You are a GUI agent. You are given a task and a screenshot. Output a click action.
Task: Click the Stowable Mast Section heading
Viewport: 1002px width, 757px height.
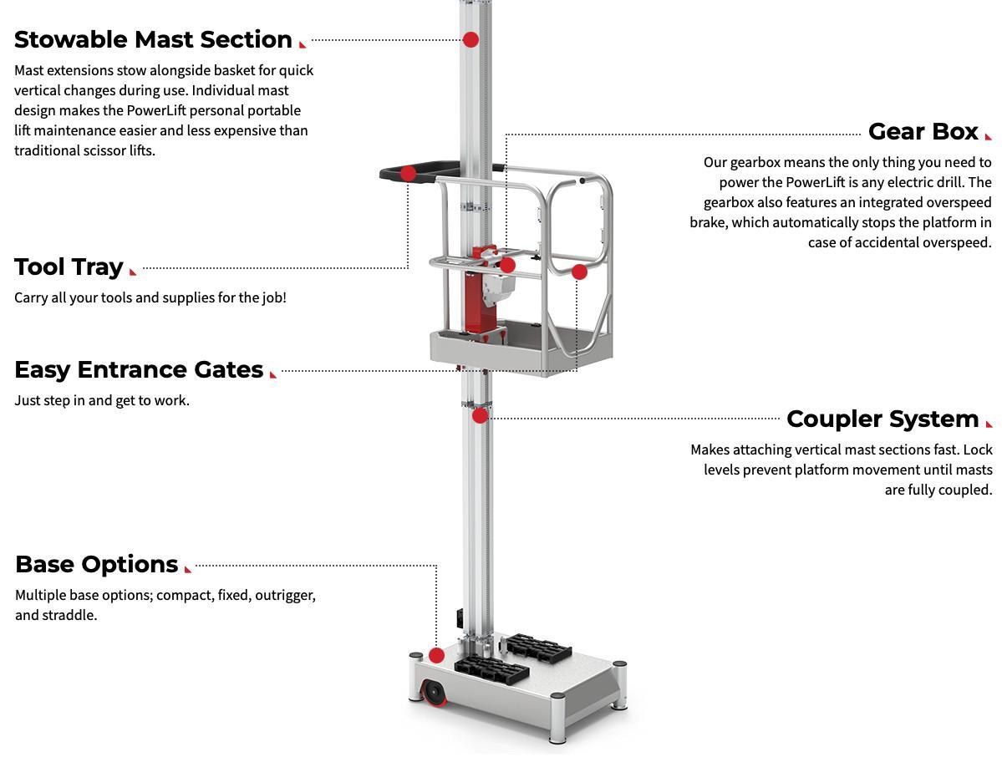pos(153,39)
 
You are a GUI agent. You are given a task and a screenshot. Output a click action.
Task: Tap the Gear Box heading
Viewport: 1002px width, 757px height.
pos(923,131)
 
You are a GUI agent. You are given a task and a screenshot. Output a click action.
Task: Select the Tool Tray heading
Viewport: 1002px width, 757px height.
pos(69,267)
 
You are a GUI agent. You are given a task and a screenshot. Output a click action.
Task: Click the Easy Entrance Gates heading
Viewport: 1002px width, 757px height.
pos(139,369)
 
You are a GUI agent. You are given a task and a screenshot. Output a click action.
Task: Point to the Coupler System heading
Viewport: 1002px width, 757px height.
pos(882,419)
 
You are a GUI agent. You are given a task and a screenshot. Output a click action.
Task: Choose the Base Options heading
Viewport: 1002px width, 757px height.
pos(96,564)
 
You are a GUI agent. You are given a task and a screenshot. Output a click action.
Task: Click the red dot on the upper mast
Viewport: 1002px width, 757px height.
pos(470,39)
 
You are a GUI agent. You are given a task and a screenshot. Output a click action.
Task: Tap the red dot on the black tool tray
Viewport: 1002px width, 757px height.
pos(408,173)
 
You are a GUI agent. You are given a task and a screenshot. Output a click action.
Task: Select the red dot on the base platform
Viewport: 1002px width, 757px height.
pos(436,655)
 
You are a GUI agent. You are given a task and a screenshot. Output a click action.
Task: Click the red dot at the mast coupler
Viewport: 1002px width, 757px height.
pos(480,415)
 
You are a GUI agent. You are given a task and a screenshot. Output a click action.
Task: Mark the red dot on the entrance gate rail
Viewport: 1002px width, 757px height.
pos(579,272)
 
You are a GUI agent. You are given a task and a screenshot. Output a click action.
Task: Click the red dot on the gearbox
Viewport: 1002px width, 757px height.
pos(507,265)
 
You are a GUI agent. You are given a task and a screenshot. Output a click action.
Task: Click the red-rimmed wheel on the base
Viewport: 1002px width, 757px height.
pos(434,693)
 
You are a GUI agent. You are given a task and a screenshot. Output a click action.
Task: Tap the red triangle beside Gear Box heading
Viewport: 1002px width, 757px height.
pos(989,136)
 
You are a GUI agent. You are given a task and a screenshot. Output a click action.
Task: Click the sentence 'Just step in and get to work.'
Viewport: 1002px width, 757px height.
pos(102,400)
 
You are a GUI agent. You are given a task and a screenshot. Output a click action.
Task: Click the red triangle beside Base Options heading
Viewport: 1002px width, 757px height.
pos(188,569)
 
